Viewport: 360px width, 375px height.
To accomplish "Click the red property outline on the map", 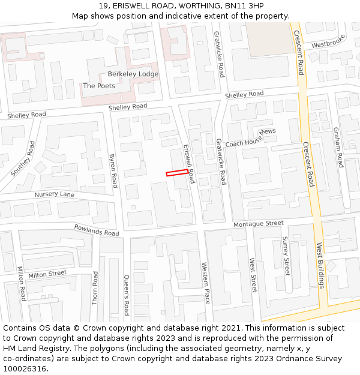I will coord(177,173).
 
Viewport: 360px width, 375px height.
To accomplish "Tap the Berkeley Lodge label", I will coord(133,74).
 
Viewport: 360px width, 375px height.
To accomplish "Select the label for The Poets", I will coord(99,86).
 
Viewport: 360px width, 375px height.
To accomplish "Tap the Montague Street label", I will coord(259,223).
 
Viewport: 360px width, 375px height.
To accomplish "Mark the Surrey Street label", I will coord(286,256).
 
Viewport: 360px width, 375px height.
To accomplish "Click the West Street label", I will coord(253,275).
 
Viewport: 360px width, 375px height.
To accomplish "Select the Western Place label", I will coord(205,283).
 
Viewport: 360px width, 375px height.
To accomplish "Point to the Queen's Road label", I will coord(126,295).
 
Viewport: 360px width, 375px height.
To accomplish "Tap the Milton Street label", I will coord(47,274).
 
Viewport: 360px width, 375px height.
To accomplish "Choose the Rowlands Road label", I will coord(97,230).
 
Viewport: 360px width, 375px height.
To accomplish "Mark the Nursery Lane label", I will coord(55,195).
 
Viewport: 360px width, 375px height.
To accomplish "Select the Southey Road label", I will coord(23,159).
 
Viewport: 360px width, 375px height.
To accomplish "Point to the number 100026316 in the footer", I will coord(24,369).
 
